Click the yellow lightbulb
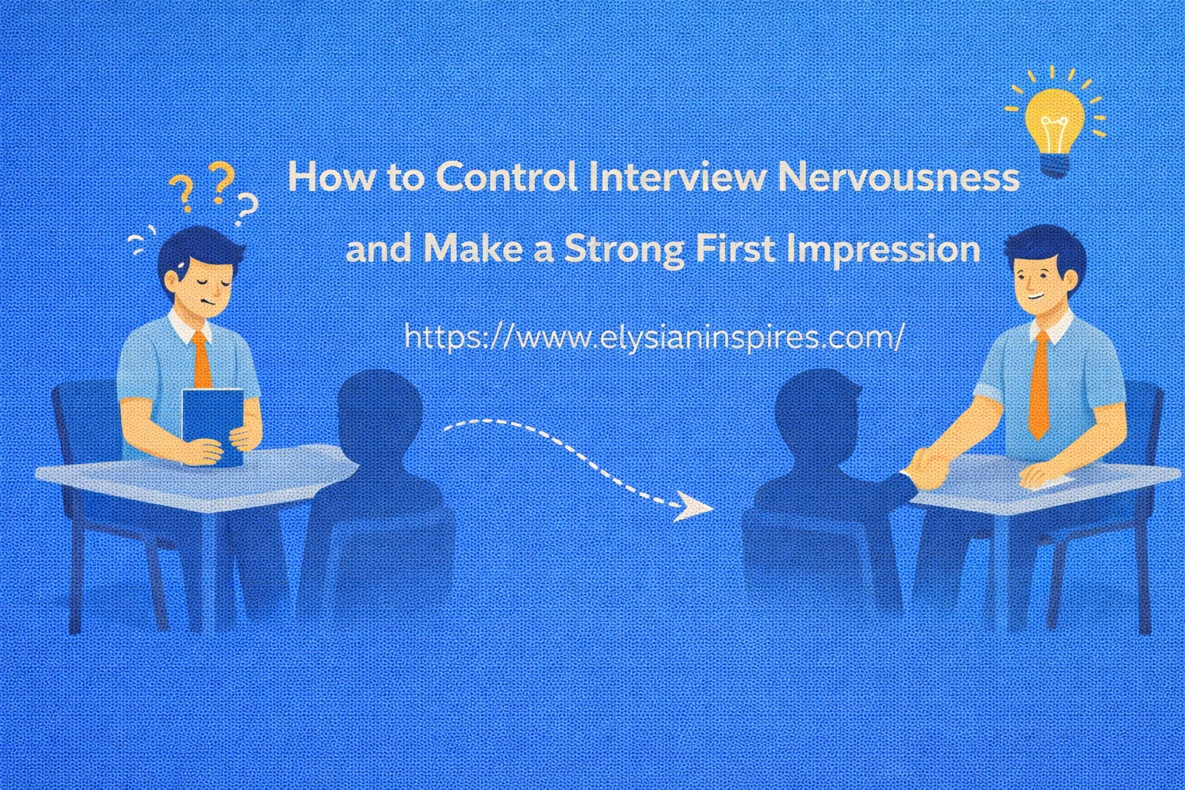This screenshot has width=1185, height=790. (1054, 123)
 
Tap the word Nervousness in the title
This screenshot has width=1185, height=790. (898, 177)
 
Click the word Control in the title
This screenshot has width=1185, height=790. (506, 177)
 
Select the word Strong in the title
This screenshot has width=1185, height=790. (623, 249)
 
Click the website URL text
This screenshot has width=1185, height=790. (653, 338)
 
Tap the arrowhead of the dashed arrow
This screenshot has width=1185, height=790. (694, 508)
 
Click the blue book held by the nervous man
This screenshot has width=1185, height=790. (213, 424)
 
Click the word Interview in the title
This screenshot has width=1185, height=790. (677, 177)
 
